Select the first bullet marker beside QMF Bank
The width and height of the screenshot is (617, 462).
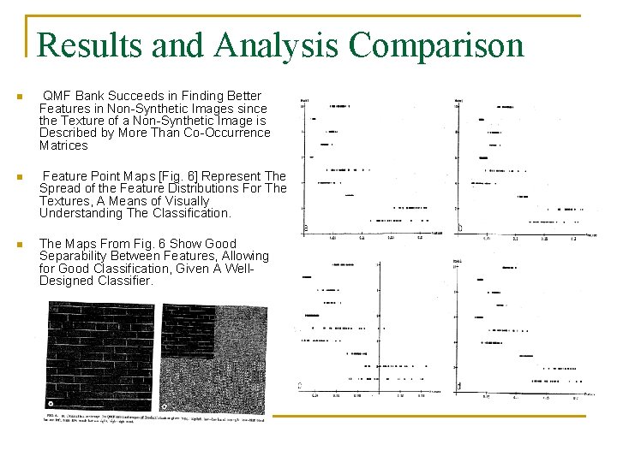click(19, 97)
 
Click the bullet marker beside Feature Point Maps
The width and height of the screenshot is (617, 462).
click(19, 177)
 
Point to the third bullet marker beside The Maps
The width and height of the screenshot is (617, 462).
click(19, 245)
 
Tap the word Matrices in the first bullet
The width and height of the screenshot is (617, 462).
click(63, 145)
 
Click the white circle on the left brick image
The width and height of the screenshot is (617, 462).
click(52, 403)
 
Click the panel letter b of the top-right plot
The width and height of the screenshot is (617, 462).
click(460, 228)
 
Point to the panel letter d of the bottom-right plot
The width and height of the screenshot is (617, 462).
click(460, 387)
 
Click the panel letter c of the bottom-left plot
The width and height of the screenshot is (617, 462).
click(299, 386)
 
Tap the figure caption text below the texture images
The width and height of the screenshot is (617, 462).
click(154, 419)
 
